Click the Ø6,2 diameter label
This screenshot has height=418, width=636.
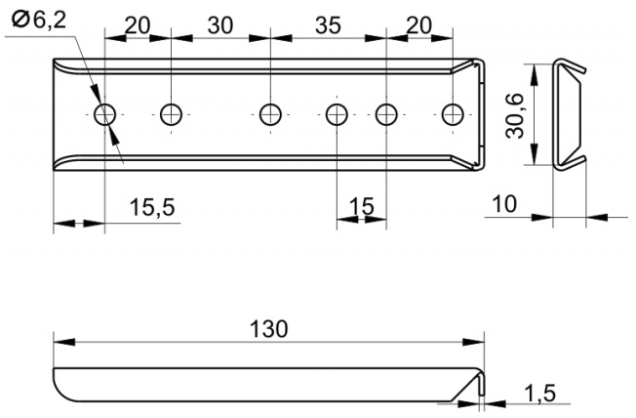click(x=39, y=20)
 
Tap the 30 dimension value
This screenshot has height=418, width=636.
click(x=220, y=25)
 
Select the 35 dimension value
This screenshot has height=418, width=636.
click(x=328, y=25)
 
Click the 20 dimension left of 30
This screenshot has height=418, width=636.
click(x=138, y=25)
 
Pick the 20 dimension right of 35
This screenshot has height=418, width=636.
click(x=419, y=25)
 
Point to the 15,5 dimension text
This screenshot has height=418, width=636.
click(x=152, y=207)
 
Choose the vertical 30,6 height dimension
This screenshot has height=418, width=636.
click(x=515, y=116)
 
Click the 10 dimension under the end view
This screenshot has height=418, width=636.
click(x=504, y=203)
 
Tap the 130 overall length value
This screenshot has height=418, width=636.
click(x=268, y=328)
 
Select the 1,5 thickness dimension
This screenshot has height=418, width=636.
click(x=539, y=393)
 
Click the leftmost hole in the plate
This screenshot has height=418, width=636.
click(x=104, y=114)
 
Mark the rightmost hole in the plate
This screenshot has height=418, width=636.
click(x=453, y=114)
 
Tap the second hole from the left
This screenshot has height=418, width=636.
click(x=171, y=114)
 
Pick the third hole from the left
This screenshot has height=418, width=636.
click(x=270, y=114)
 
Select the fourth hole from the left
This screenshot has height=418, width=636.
click(x=337, y=114)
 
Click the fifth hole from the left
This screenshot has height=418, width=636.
click(x=386, y=114)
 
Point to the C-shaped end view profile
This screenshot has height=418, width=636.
click(x=555, y=114)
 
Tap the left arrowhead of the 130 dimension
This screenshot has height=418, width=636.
click(x=64, y=342)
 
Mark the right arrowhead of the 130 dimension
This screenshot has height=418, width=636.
click(x=474, y=342)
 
